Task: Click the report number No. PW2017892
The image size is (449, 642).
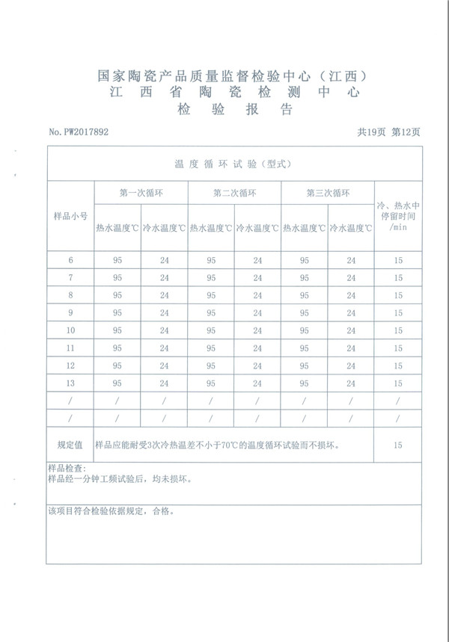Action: (x=79, y=132)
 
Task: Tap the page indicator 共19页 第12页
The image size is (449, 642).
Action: (x=389, y=132)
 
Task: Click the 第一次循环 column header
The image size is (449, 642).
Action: (x=141, y=192)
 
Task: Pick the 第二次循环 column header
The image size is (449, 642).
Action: (x=234, y=192)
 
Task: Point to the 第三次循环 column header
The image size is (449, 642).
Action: (x=328, y=192)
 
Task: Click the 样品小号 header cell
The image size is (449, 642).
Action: (x=70, y=215)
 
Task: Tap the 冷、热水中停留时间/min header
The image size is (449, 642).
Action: (x=397, y=215)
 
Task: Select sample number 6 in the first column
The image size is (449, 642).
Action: (x=70, y=260)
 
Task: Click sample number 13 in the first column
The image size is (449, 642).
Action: (x=70, y=383)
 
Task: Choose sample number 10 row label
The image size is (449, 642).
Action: (x=70, y=330)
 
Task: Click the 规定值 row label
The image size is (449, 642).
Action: (x=70, y=445)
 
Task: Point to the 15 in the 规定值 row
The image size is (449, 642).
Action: (x=397, y=445)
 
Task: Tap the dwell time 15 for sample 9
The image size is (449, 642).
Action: (x=397, y=313)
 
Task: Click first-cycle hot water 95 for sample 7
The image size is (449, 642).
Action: (x=117, y=278)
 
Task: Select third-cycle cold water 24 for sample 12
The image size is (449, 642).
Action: (x=351, y=365)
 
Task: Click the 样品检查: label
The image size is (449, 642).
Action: (x=67, y=469)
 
